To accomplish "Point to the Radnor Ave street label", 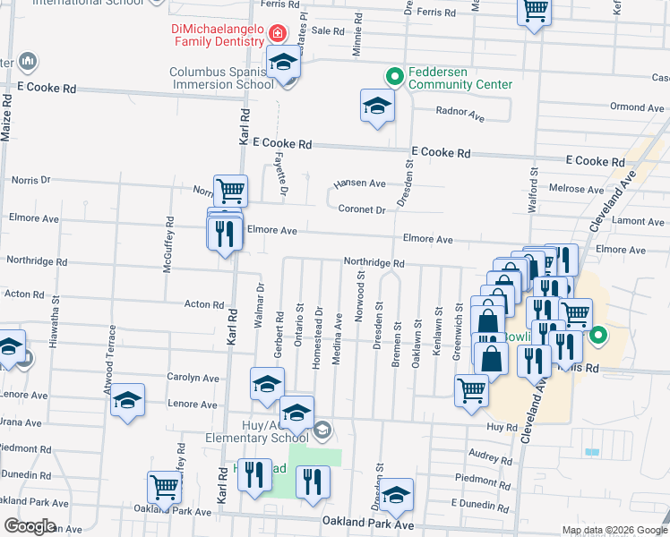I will [460, 115].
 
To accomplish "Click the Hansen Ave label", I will [359, 183].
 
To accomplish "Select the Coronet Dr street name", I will [362, 210].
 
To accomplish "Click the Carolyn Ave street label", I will [192, 379].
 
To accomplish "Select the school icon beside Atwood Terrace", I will [128, 400].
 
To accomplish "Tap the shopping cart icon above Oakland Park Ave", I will [165, 487].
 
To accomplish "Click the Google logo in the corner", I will [30, 526].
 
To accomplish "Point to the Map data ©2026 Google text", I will [614, 530].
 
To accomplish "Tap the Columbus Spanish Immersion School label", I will [222, 78].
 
